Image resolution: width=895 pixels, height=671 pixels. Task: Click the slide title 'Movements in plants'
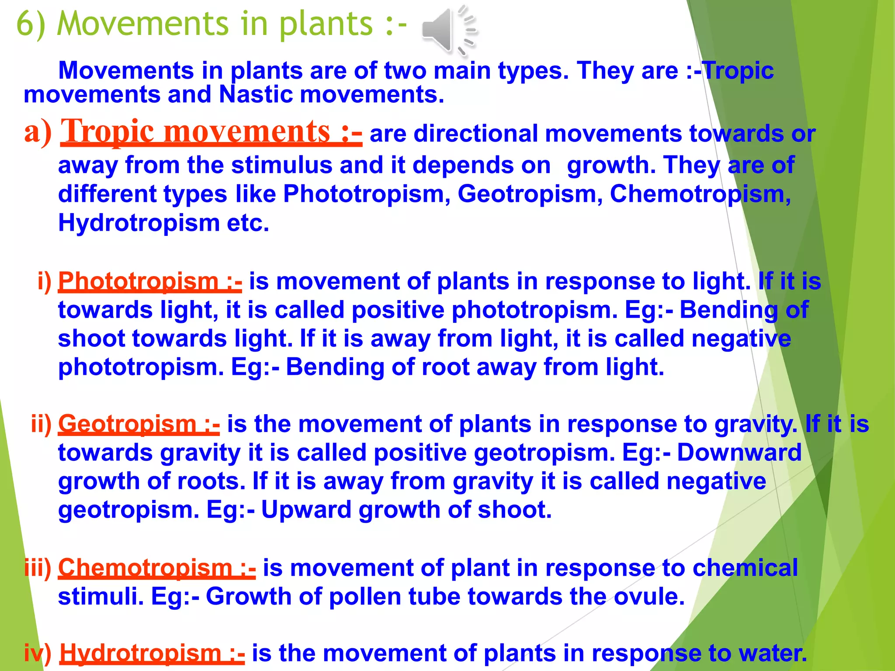232,24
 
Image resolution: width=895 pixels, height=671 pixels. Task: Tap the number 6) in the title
31,24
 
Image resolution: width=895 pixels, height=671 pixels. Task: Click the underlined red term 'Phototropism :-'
150,281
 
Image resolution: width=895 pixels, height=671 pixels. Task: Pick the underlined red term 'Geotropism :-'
139,424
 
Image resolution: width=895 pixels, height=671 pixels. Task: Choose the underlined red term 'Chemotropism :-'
157,568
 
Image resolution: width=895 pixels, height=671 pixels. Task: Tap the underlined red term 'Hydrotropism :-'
152,654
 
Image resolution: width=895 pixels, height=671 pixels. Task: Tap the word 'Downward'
739,453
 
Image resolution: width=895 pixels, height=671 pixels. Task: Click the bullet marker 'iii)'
38,568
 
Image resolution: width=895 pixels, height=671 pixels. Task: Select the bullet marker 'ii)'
41,424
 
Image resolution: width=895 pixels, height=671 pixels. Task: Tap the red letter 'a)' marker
38,132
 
